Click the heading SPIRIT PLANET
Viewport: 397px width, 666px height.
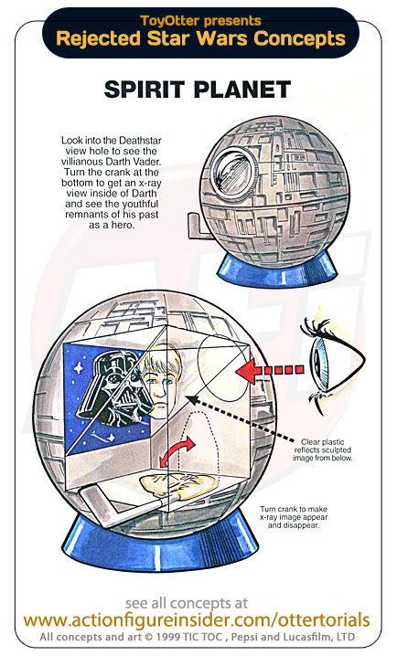198,90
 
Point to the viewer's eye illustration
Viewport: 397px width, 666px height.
331,359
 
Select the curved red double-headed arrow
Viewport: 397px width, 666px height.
177,452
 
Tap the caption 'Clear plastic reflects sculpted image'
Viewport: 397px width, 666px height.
322,449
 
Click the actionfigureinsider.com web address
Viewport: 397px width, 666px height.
196,619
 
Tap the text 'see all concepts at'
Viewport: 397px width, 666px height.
187,603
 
